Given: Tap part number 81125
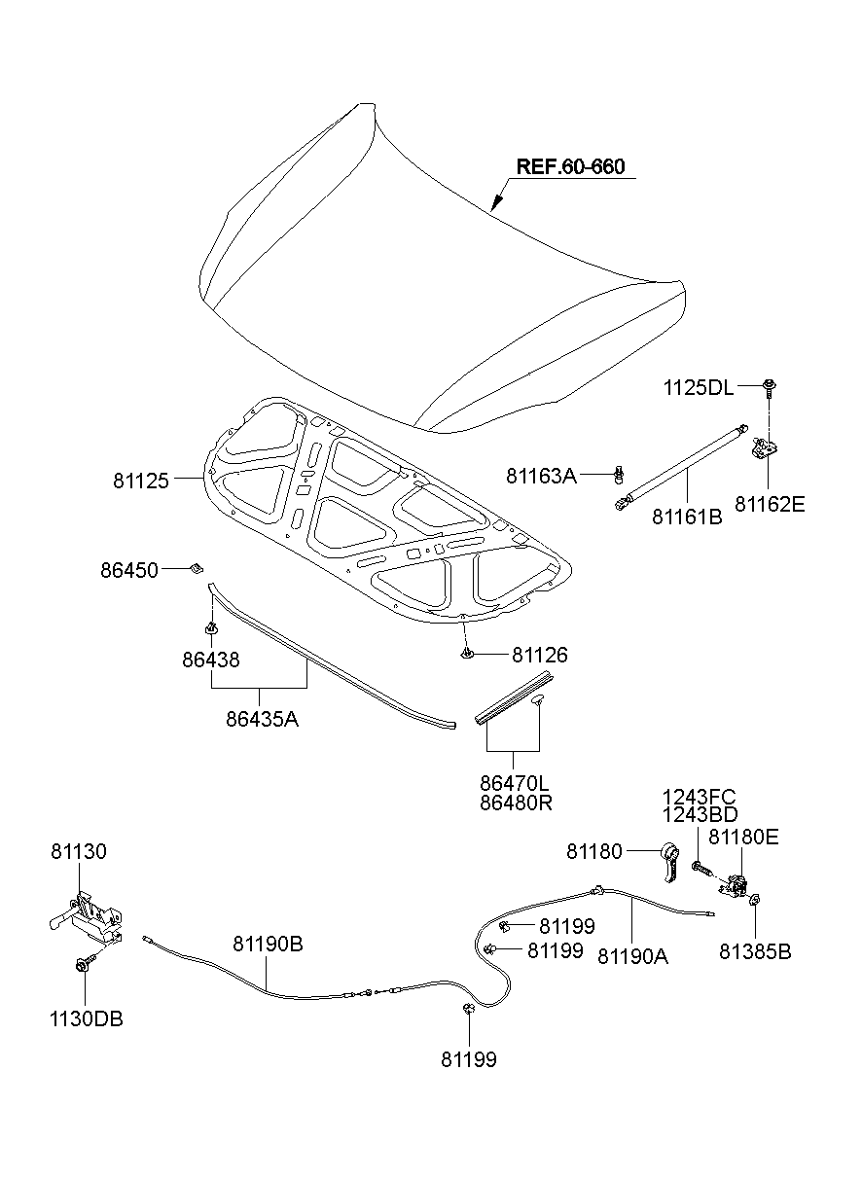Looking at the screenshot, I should click(141, 480).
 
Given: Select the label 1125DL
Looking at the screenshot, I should click(699, 387).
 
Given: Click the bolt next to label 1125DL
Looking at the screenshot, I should click(769, 387).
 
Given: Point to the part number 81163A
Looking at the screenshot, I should click(541, 476).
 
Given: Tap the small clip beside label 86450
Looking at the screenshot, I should click(196, 567).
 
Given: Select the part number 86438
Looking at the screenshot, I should click(210, 660).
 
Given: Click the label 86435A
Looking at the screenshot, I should click(262, 720).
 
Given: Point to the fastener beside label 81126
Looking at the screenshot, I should click(467, 652).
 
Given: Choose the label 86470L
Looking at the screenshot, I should click(514, 781).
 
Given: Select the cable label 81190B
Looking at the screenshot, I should click(268, 944).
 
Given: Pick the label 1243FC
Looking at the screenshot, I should click(700, 798).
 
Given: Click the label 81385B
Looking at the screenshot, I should click(755, 951).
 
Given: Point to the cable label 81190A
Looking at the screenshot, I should click(632, 955).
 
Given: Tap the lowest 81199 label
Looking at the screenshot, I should click(469, 1059).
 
